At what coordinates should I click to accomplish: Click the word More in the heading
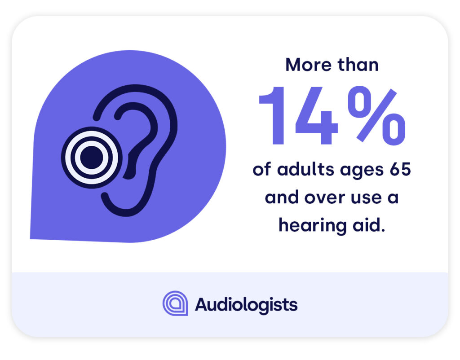pyautogui.click(x=307, y=65)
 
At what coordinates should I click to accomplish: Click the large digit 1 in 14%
pyautogui.click(x=273, y=116)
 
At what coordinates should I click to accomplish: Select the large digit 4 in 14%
pyautogui.click(x=316, y=116)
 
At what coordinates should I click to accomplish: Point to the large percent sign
pyautogui.click(x=376, y=116)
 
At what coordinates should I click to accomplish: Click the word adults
pyautogui.click(x=301, y=171)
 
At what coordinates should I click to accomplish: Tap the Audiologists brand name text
pyautogui.click(x=246, y=305)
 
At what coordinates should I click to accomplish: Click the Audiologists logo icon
pyautogui.click(x=175, y=303)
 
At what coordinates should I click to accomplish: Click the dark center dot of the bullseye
pyautogui.click(x=91, y=158)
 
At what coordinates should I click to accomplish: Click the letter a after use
pyautogui.click(x=393, y=198)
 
